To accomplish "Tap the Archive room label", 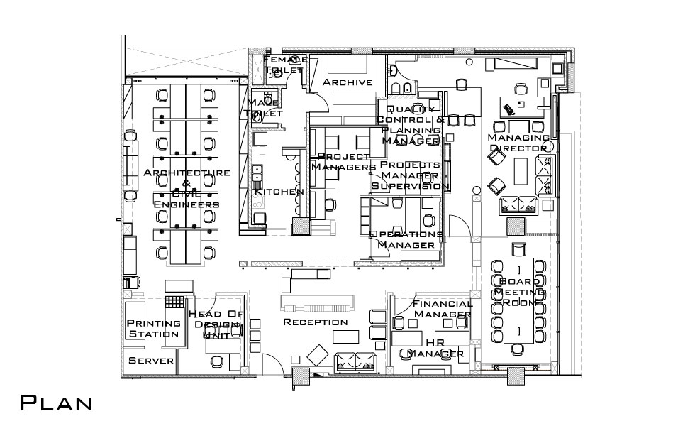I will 347,82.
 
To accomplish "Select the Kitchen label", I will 279,192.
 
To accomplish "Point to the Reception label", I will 316,322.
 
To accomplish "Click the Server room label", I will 151,361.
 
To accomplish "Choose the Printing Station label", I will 152,328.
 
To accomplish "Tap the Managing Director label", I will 518,143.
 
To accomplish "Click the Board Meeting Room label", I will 519,293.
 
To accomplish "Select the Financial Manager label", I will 443,309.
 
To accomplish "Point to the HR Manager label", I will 435,348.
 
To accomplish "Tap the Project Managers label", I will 344,162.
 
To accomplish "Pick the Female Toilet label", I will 285,65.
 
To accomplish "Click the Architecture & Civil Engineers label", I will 187,188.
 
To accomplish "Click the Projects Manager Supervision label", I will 410,175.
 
